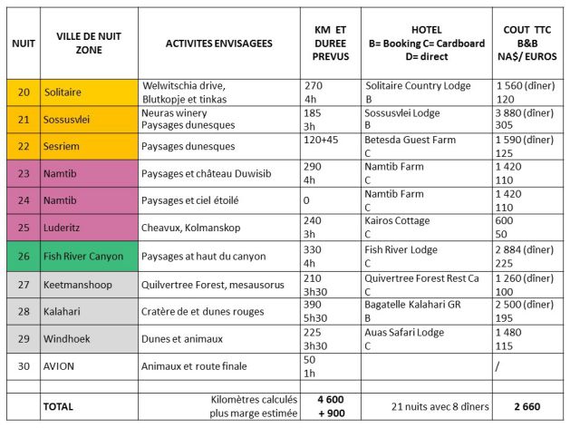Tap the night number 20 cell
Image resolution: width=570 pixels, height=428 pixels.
click(x=23, y=92)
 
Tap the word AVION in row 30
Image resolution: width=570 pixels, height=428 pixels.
click(x=59, y=366)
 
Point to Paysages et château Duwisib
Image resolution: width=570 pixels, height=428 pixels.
click(x=208, y=173)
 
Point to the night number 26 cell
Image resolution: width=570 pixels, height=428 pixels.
click(x=23, y=256)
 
